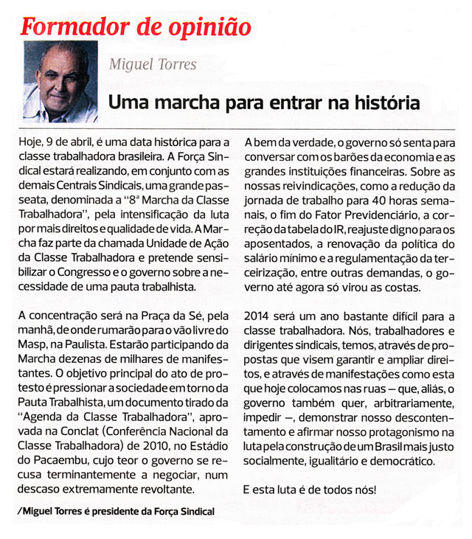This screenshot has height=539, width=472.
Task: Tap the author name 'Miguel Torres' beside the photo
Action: point(153,65)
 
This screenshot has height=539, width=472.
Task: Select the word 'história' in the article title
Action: point(384,101)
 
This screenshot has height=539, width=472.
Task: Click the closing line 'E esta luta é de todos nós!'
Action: point(310,489)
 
